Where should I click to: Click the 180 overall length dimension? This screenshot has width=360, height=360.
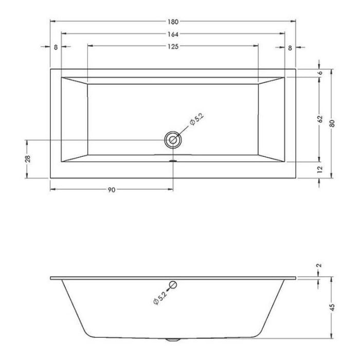(x=173, y=22)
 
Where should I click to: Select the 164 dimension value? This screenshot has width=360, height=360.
(x=173, y=34)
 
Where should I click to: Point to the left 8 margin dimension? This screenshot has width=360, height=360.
(x=56, y=47)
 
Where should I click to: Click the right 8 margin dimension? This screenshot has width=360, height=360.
(x=290, y=47)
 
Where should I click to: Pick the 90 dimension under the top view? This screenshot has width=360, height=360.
(x=111, y=190)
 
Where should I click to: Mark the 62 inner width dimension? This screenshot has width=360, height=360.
(x=320, y=119)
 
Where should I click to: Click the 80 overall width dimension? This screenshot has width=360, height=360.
(x=333, y=123)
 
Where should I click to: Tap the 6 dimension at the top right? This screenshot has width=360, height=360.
(x=320, y=73)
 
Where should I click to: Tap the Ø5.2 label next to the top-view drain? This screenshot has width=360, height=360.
(x=197, y=120)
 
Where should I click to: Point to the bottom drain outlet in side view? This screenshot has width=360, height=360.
(x=173, y=340)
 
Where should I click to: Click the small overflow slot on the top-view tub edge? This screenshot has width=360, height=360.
(x=173, y=159)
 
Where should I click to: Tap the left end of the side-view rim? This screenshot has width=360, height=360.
(x=52, y=278)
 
